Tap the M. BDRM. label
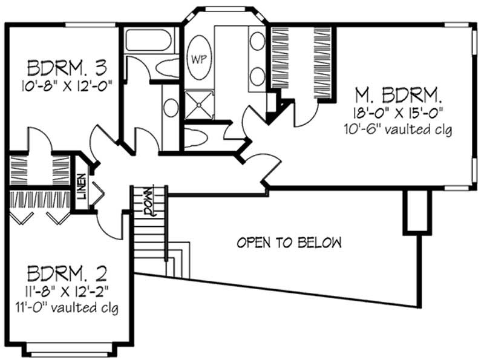pos(398,94)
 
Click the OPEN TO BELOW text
pos(289,243)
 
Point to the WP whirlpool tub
pos(198,59)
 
